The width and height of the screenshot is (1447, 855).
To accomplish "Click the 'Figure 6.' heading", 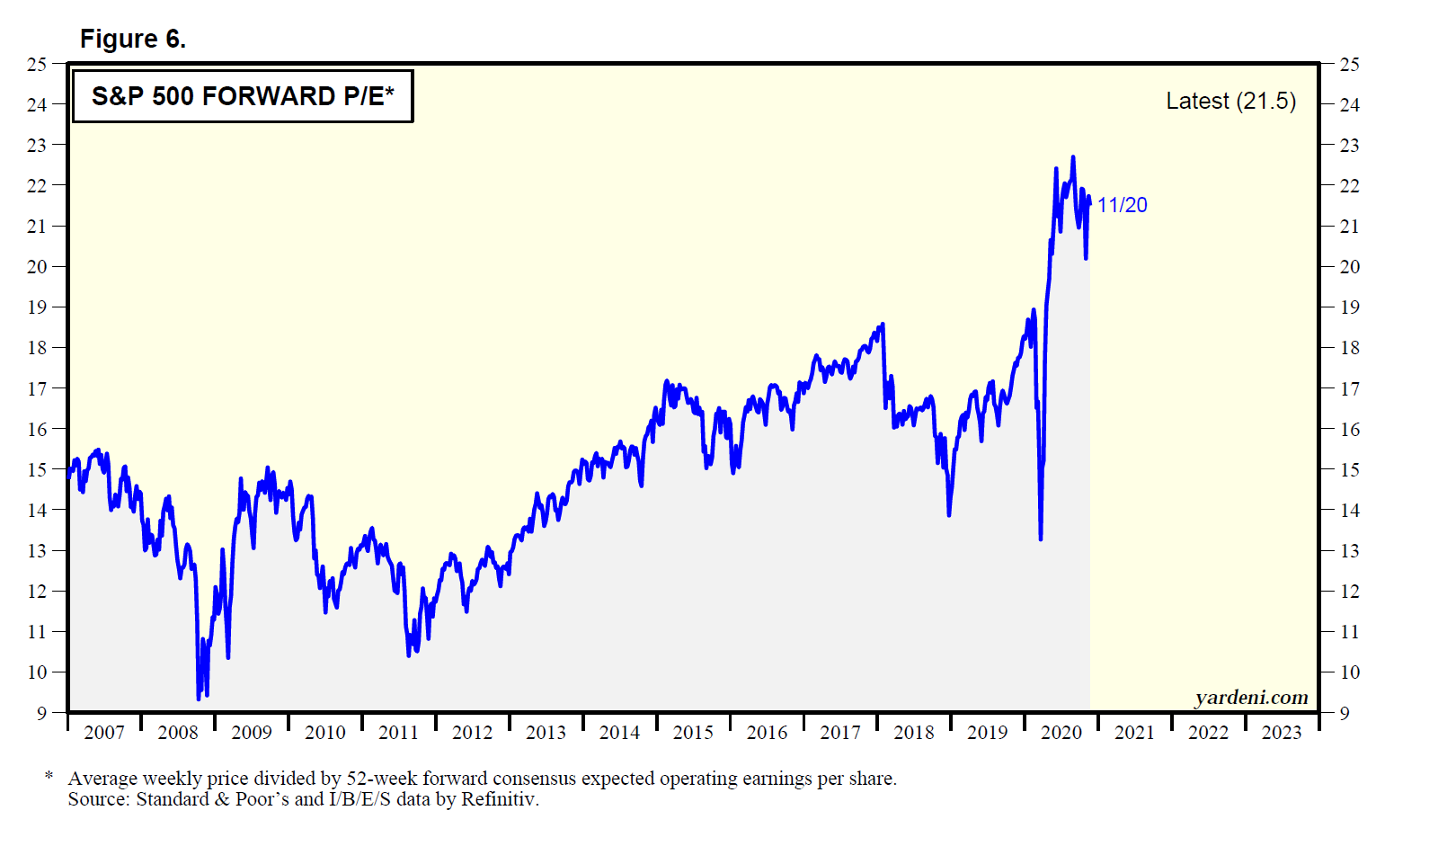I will click(132, 39).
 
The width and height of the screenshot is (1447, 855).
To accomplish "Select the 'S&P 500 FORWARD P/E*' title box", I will click(242, 96).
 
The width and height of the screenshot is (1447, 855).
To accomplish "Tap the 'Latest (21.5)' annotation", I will click(1230, 101).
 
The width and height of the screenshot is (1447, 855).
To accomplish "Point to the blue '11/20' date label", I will click(1122, 205).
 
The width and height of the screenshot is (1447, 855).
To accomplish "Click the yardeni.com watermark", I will click(1251, 698).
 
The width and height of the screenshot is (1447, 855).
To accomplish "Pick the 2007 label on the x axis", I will click(104, 732).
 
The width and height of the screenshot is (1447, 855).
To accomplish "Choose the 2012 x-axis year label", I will click(472, 732).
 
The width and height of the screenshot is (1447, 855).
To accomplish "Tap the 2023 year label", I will click(1281, 732).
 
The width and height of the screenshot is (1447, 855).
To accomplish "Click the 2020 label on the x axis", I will click(1061, 732).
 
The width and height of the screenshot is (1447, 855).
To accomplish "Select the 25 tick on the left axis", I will click(37, 64).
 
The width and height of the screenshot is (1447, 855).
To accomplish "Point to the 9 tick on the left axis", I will click(41, 713).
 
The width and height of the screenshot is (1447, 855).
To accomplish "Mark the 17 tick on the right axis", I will click(1349, 388).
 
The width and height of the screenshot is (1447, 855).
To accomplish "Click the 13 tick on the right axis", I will click(1349, 550).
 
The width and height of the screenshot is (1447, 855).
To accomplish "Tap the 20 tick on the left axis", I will click(37, 266).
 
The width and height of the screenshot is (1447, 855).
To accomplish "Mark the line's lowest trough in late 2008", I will click(199, 698).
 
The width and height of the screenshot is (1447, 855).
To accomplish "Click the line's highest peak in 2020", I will click(1072, 157).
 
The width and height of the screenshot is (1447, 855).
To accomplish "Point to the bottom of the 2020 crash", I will click(1041, 539).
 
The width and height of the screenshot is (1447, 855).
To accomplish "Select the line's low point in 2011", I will click(409, 655).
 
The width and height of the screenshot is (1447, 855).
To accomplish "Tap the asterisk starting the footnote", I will click(49, 775).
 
